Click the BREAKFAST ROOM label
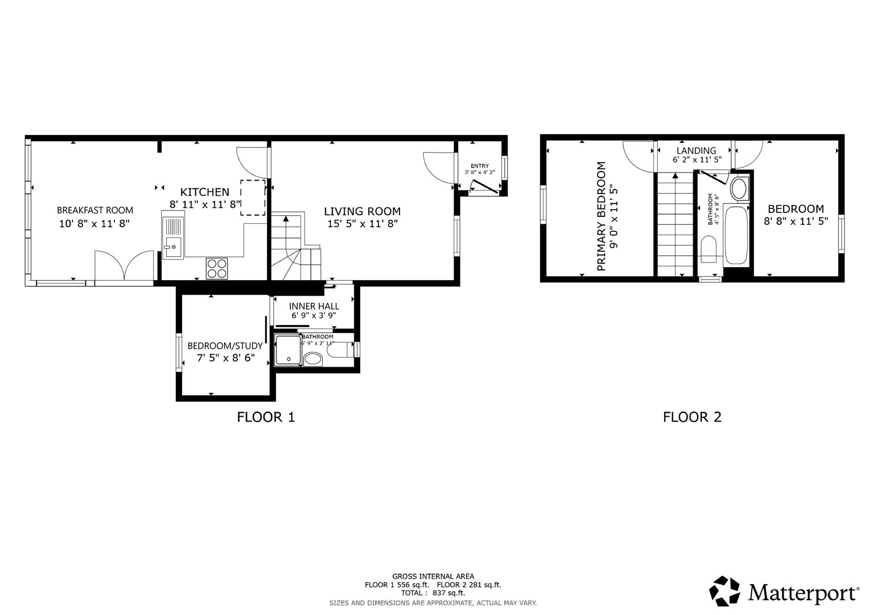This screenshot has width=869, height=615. coord(94,210)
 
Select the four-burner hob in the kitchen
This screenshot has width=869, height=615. coord(217,268)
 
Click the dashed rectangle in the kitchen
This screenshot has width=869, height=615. coord(253,198)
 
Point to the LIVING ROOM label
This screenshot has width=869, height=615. coord(362,211)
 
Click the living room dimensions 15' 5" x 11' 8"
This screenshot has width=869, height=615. coord(362,224)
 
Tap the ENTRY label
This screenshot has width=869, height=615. coord(479,166)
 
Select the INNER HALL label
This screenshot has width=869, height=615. coord(314,306)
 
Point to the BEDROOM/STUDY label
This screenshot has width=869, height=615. coord(225,346)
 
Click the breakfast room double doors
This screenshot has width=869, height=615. coord(124,265)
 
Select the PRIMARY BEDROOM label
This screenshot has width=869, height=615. coord(601,216)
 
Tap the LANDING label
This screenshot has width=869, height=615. coord(696,151)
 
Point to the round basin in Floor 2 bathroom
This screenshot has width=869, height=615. coord(740,188)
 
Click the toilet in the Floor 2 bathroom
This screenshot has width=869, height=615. coord(709,251)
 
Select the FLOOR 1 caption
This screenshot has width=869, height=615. coord(266,417)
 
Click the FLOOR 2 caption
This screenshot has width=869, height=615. coord(692,417)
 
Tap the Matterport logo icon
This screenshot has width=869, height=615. coord(724,591)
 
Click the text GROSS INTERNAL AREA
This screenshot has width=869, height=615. coord(433,576)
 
